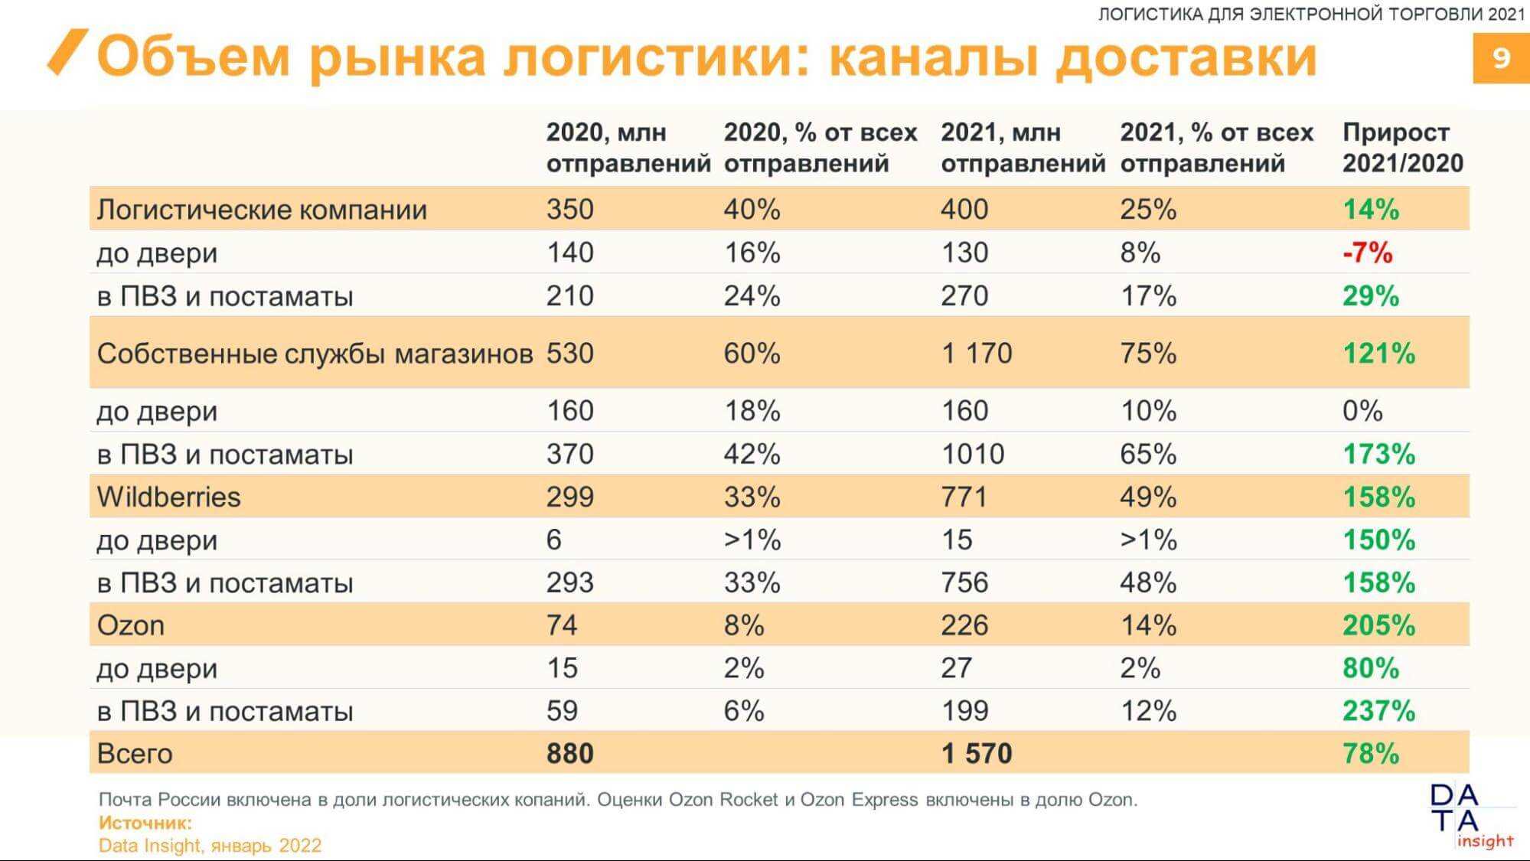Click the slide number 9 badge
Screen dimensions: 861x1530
click(1500, 58)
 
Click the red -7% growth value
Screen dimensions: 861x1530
click(1367, 253)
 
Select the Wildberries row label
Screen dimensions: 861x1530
click(168, 497)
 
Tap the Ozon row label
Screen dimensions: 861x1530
click(130, 625)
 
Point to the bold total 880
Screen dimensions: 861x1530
click(569, 754)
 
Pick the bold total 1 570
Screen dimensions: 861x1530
click(976, 754)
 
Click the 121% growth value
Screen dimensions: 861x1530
click(1378, 354)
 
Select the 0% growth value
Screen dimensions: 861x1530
click(1362, 411)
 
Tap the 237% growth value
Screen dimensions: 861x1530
click(1378, 711)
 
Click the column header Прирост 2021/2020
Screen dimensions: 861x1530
click(1401, 148)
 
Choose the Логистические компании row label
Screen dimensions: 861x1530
click(262, 210)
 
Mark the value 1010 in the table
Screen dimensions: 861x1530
click(972, 454)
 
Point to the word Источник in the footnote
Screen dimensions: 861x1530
click(145, 823)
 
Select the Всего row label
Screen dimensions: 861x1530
click(135, 754)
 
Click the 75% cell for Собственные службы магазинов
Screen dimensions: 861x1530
click(1148, 354)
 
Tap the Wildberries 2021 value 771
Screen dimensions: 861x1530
click(964, 497)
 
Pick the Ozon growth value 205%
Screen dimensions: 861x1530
click(1378, 625)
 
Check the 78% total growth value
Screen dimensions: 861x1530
click(1370, 754)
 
